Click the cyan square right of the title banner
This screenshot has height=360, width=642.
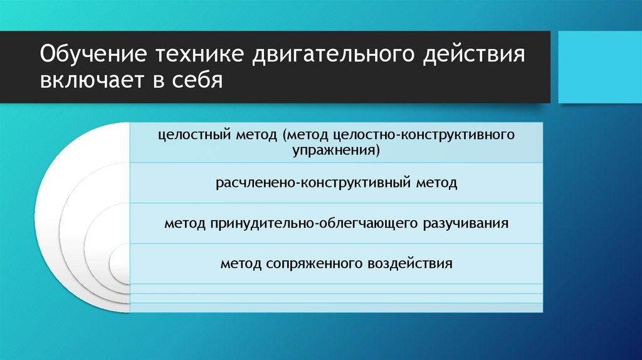click(x=599, y=67)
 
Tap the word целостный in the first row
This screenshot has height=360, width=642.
click(x=192, y=136)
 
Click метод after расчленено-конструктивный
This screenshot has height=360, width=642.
click(x=435, y=184)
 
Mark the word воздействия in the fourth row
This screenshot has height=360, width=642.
click(x=411, y=263)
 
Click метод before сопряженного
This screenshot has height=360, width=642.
click(x=241, y=263)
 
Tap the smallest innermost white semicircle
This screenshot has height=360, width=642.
click(x=120, y=264)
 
